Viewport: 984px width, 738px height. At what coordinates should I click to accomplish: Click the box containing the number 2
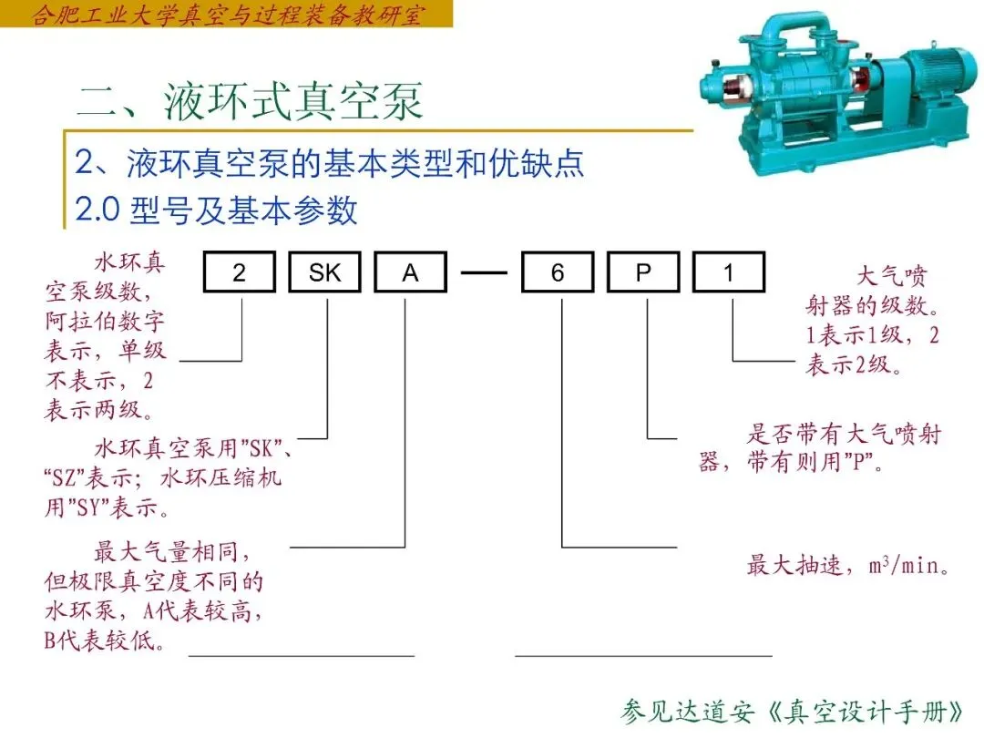(240, 272)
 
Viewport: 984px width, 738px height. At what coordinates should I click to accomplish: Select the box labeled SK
(325, 272)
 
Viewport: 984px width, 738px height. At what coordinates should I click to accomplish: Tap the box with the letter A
(411, 272)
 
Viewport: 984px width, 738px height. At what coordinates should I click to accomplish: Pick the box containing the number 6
(558, 272)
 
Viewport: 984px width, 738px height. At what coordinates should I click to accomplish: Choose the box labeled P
(643, 272)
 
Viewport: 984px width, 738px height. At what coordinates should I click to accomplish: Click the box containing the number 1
(729, 272)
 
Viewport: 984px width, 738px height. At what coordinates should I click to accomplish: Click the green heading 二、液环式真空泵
(251, 101)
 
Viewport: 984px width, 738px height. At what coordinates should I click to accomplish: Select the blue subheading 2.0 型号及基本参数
(217, 210)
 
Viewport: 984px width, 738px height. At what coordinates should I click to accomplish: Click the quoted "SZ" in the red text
(62, 477)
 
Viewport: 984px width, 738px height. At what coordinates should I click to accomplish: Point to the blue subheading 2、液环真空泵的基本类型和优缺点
(330, 164)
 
